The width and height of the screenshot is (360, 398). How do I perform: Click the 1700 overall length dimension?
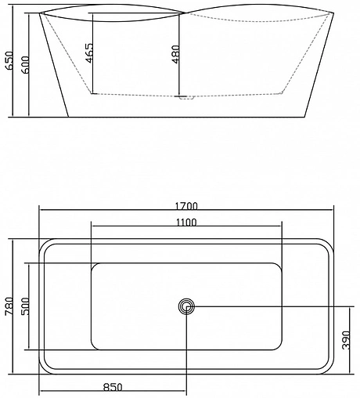coord(185,206)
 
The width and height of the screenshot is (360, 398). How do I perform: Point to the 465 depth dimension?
coord(91,52)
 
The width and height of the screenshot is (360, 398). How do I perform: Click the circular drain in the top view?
coord(186,306)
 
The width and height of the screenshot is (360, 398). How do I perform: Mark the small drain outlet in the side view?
coord(186,98)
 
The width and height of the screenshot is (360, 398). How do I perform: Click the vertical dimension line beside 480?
coord(179,55)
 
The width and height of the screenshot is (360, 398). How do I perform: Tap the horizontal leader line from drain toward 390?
coord(266,306)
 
